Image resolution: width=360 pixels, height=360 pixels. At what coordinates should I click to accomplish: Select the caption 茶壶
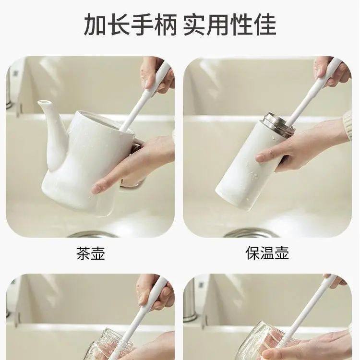point(90,253)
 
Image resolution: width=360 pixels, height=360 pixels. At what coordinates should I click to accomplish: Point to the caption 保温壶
point(267,253)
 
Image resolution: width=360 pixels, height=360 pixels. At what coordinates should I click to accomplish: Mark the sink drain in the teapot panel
point(91,234)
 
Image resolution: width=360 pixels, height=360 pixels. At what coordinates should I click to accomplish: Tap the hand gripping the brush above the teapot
point(156,74)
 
